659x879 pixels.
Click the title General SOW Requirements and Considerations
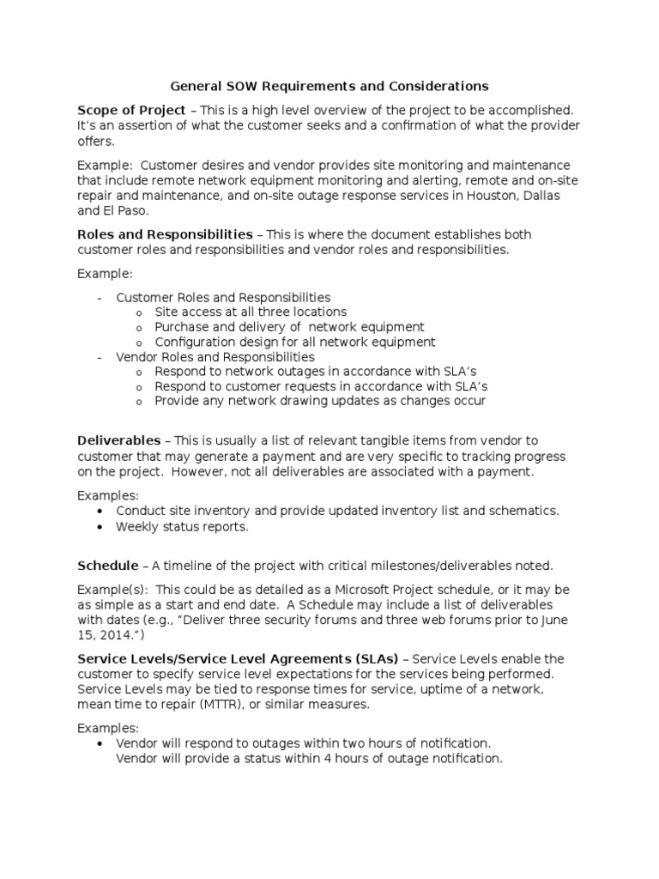(329, 86)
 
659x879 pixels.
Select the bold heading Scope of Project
(131, 110)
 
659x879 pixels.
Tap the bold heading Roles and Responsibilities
(165, 234)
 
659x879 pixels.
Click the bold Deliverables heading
(118, 440)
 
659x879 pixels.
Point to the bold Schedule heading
(108, 566)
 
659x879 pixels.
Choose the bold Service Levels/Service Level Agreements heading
(239, 659)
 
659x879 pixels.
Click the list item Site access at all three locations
(251, 312)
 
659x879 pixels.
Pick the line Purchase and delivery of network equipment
(289, 327)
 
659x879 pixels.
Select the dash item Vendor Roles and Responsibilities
(215, 356)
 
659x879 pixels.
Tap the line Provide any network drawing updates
(320, 401)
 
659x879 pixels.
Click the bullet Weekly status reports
(182, 527)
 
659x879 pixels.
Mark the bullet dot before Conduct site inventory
(102, 511)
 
